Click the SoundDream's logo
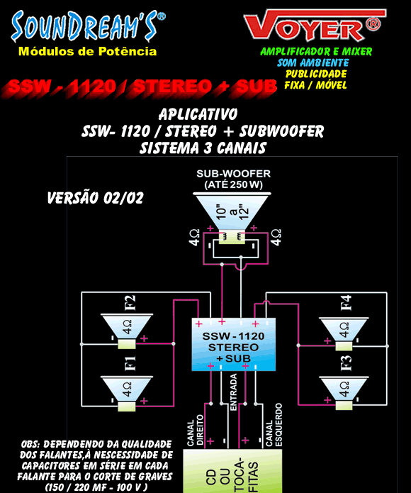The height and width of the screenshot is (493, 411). click(x=88, y=27)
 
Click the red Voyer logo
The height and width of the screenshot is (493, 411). click(x=315, y=25)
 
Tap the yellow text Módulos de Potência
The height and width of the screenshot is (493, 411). click(x=88, y=51)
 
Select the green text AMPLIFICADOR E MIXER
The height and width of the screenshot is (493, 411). click(x=316, y=52)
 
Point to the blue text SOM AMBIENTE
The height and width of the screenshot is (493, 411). click(x=313, y=62)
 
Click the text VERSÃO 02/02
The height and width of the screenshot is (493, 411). click(x=95, y=198)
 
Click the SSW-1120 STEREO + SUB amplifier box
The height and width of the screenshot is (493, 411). click(x=234, y=344)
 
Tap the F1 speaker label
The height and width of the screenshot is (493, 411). click(x=130, y=363)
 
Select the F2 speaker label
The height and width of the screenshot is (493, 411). click(x=130, y=303)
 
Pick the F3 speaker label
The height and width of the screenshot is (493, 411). click(x=346, y=363)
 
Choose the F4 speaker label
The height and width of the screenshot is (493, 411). click(x=346, y=303)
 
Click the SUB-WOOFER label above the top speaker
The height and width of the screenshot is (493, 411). click(x=234, y=174)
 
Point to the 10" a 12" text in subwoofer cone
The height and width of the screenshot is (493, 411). click(x=232, y=211)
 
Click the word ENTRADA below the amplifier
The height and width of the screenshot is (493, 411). click(x=234, y=392)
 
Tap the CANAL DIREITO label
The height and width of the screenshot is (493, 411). click(x=196, y=430)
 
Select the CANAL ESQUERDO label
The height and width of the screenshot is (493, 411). click(x=274, y=425)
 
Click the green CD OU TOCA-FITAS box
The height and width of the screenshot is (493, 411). click(x=232, y=471)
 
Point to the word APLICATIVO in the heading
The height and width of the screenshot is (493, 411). click(x=198, y=114)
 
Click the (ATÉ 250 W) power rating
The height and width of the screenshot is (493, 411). click(x=234, y=184)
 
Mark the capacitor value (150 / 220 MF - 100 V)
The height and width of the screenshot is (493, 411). click(x=96, y=487)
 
